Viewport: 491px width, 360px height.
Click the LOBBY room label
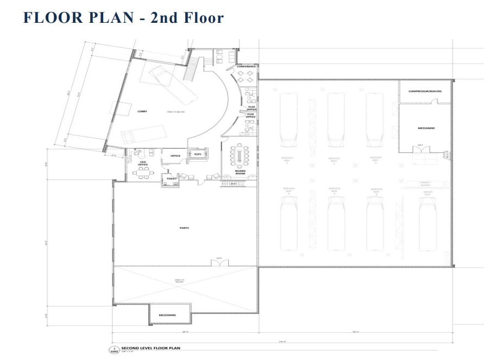click(142, 111)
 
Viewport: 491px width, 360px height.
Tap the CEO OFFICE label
click(143, 163)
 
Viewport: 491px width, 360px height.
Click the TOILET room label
click(172, 178)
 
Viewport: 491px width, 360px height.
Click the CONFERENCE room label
click(246, 67)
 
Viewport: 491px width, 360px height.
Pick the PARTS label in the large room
click(184, 228)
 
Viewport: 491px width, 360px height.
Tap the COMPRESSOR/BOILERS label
click(425, 91)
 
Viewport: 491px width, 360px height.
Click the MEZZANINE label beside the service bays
click(426, 128)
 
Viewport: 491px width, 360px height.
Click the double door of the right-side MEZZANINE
click(420, 148)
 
